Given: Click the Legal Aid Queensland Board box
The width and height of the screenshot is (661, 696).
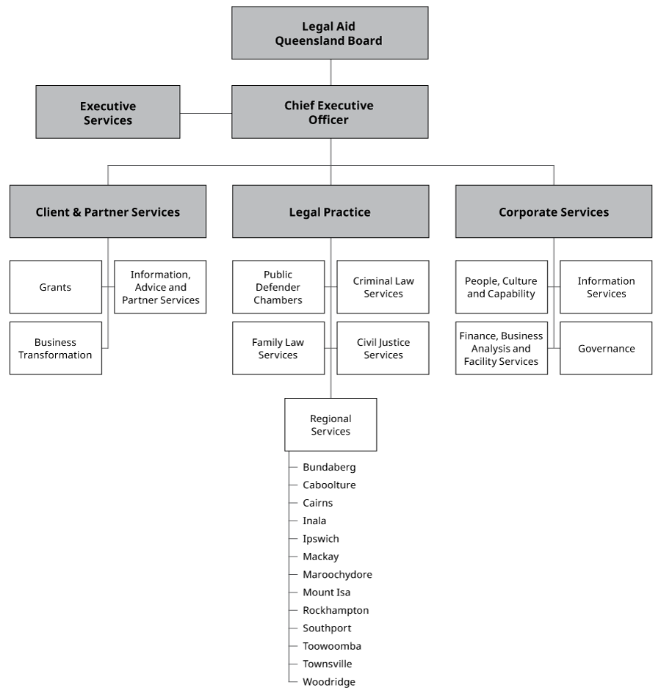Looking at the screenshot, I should tap(330, 33).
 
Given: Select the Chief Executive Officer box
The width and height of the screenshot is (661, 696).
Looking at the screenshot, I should tap(330, 112).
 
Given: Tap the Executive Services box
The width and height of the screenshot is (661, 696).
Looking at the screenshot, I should tap(108, 112).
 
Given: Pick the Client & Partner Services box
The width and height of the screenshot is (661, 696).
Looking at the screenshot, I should tap(108, 211).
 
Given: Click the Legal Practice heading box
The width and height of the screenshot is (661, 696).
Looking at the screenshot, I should tap(330, 211).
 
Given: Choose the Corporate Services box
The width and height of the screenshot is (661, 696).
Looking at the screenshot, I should tap(553, 211).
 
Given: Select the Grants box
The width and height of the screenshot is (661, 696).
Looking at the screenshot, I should tap(56, 287).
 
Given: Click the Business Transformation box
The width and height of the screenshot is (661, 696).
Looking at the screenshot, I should tap(56, 348).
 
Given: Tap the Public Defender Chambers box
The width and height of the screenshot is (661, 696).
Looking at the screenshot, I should tap(278, 287).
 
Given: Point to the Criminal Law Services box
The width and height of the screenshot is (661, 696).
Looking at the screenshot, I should tap(383, 287).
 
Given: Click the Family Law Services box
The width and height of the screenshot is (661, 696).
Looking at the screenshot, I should tap(278, 348).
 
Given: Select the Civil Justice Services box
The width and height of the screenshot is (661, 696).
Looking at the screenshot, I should tap(383, 348).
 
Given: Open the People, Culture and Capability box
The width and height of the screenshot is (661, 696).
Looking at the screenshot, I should tap(502, 287).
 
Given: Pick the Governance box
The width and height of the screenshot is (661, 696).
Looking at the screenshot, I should tap(606, 348).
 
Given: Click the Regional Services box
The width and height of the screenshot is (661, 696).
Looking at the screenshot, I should tap(330, 424).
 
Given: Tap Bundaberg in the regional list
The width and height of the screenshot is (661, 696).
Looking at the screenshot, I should tap(329, 467).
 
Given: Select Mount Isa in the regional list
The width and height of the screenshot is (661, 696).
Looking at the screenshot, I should tap(326, 592).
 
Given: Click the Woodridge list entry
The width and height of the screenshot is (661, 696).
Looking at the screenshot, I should tap(328, 682).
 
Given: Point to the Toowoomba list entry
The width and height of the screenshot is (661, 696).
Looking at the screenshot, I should tap(331, 646).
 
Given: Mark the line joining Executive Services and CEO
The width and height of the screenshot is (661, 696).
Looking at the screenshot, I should tap(206, 114).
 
